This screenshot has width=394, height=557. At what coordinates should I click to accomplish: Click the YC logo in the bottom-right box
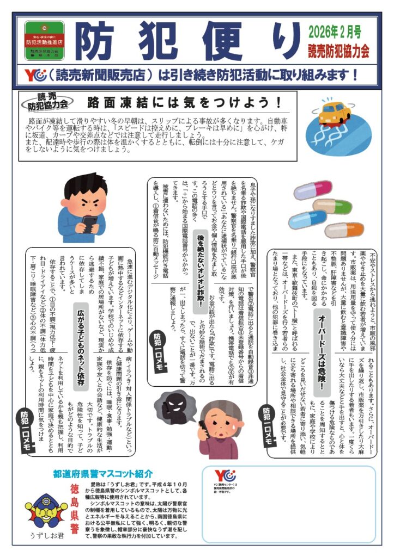[x=223, y=475]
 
